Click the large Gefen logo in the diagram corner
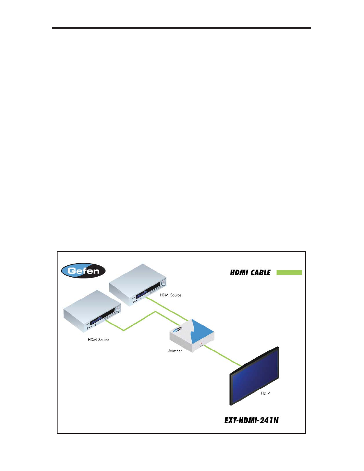point(83,271)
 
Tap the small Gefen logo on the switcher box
point(178,329)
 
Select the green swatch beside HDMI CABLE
point(289,272)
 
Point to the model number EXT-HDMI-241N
point(251,420)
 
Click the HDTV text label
point(265,393)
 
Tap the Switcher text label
point(175,351)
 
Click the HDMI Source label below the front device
point(98,340)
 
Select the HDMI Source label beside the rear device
point(171,295)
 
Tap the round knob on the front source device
point(118,309)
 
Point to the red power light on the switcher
point(201,343)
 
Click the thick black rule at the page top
point(181,28)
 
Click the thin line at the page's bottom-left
point(59,468)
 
